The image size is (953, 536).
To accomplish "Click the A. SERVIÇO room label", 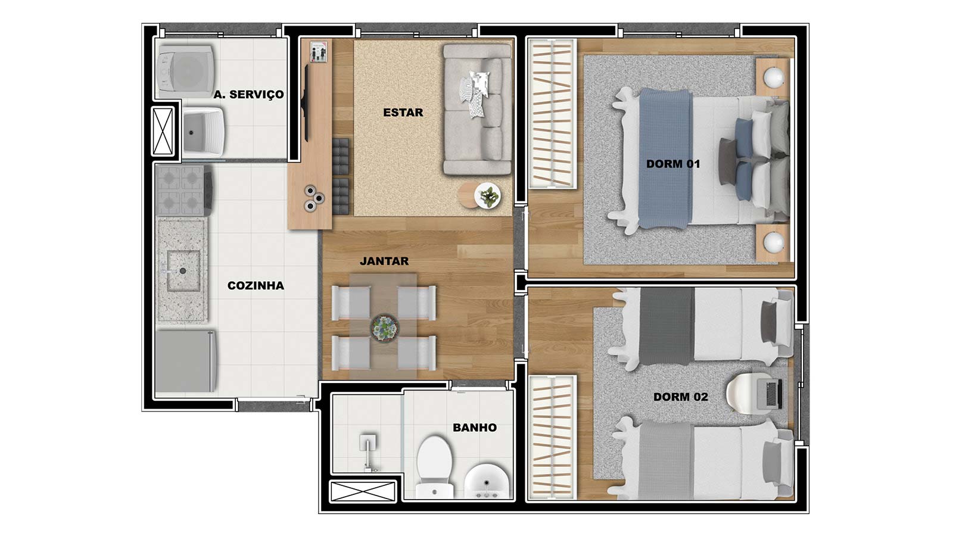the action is click(x=249, y=95).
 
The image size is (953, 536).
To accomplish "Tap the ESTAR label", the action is click(x=403, y=113).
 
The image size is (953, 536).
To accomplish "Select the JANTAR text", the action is click(x=384, y=261).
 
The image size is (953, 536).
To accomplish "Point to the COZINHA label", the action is click(x=256, y=286).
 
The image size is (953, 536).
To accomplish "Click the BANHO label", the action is click(x=474, y=428).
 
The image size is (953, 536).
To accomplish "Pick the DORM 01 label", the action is click(x=673, y=164).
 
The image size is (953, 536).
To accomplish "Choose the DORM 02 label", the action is click(x=681, y=397).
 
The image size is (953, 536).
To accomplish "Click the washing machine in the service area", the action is click(x=185, y=71).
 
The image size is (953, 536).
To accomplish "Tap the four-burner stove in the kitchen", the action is click(x=184, y=190).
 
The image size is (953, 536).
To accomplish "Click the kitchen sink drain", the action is click(x=182, y=271).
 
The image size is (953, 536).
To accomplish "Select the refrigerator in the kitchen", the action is click(x=186, y=362).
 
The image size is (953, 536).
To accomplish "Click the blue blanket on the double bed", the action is click(x=665, y=159).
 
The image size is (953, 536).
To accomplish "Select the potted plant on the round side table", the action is click(x=488, y=196).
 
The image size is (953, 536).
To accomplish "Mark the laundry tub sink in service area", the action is click(x=203, y=132).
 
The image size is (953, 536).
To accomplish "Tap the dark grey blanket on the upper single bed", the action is click(x=667, y=326).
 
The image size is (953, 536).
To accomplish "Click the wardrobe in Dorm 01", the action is click(x=552, y=114).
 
